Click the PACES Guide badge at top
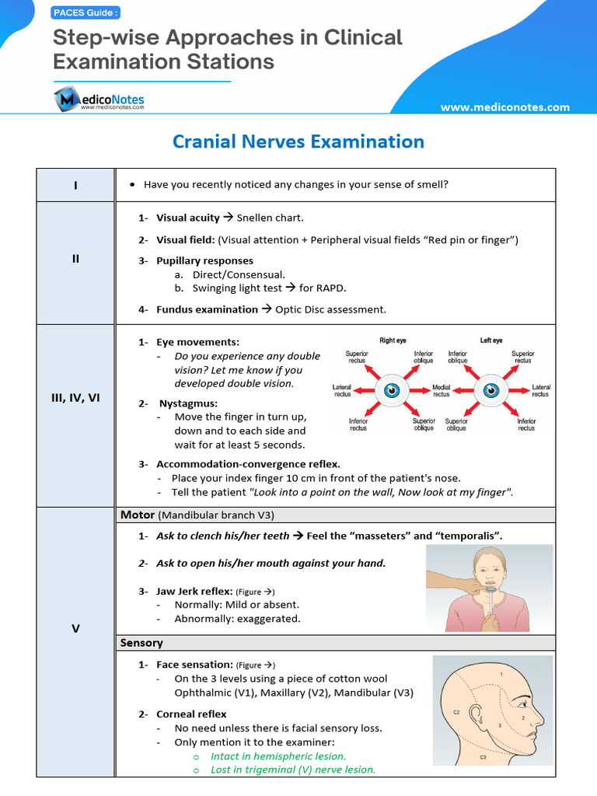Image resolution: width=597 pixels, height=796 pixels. click(x=86, y=12)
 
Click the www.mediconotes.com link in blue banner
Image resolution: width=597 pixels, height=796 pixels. click(x=504, y=107)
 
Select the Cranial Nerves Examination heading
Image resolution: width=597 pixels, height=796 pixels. click(x=298, y=141)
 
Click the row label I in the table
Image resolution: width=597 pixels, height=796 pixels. click(x=75, y=185)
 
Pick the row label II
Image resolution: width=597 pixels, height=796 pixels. click(x=75, y=259)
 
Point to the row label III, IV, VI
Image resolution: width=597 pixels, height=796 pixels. click(x=75, y=398)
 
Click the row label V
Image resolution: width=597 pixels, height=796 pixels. click(x=75, y=628)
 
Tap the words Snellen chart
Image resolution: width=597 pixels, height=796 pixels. click(x=270, y=218)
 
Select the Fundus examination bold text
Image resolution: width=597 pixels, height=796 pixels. click(x=207, y=309)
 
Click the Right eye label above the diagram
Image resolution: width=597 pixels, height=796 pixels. click(x=393, y=340)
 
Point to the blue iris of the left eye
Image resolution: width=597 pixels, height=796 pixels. click(x=491, y=389)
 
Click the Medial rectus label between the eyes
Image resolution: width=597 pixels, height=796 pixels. click(x=441, y=390)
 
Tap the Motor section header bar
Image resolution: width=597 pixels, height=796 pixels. click(x=334, y=515)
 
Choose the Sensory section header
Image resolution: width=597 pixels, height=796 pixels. click(x=141, y=643)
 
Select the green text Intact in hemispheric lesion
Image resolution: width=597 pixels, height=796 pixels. click(x=278, y=756)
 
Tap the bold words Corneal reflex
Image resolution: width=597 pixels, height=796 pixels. click(x=191, y=714)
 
